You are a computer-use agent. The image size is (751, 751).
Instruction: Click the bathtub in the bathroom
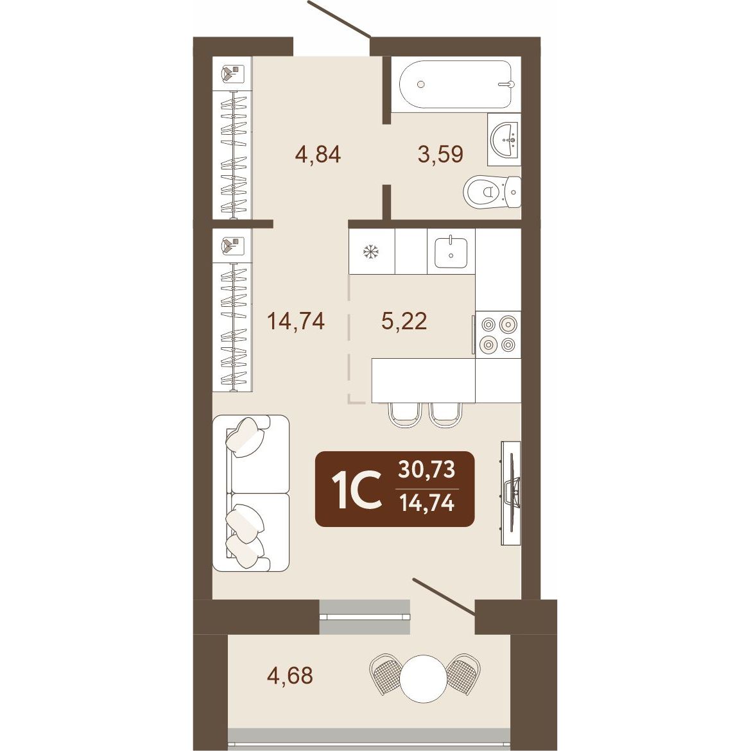point(456,84)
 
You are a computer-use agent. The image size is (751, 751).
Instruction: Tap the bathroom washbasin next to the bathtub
point(505,139)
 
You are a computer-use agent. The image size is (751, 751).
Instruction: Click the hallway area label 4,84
point(318,155)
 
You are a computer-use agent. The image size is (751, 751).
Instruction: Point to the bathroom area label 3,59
point(440,155)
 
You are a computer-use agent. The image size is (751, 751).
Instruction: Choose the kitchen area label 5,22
point(404,321)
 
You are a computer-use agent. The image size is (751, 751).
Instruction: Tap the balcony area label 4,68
point(290,675)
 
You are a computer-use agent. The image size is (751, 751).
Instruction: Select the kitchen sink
point(451,252)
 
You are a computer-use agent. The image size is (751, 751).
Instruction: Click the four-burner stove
point(498,334)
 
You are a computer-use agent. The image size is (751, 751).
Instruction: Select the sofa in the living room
point(250,494)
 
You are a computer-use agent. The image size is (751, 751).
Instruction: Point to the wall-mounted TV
point(511,493)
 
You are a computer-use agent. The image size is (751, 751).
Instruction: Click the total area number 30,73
point(427,470)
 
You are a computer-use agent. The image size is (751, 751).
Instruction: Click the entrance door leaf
point(339,19)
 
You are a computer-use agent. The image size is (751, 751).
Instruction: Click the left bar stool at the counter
point(405,415)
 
